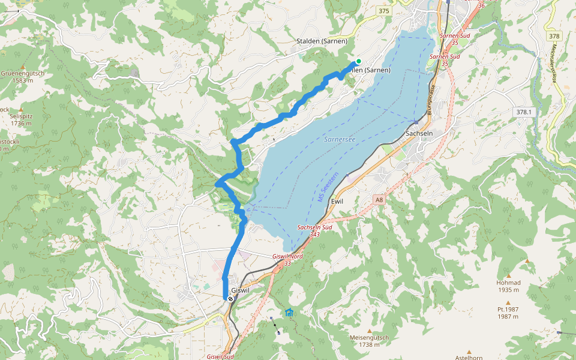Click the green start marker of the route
[x=358, y=61]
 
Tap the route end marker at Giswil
[x=230, y=298]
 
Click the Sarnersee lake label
[x=340, y=139]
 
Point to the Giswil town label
[x=240, y=290]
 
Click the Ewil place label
[x=338, y=202]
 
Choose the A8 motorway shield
[x=379, y=199]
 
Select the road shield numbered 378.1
[x=523, y=112]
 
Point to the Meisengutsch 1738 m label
[x=370, y=340]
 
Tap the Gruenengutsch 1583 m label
[x=22, y=76]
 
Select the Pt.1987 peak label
[x=508, y=313]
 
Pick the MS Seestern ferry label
[x=328, y=187]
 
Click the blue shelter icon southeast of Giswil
[x=290, y=313]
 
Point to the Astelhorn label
[x=469, y=358]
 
